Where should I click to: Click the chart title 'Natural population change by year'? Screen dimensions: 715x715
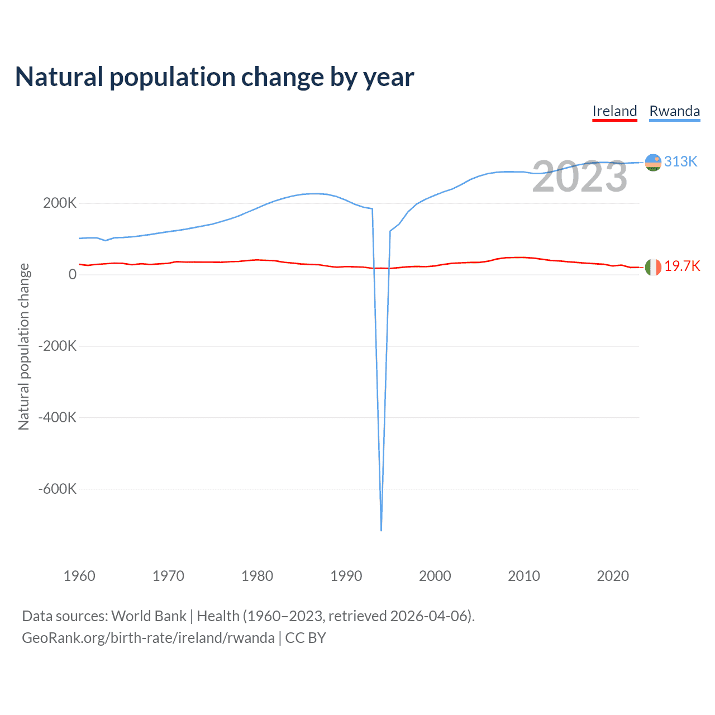(x=214, y=77)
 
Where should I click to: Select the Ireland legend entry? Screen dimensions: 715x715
(x=614, y=111)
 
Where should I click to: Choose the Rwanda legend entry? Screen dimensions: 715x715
(x=674, y=111)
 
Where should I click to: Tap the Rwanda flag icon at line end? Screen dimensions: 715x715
(x=652, y=162)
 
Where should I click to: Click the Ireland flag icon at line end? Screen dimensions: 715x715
(x=652, y=267)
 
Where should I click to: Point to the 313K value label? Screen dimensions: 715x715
(x=680, y=161)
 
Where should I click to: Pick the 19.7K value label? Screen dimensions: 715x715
(x=681, y=266)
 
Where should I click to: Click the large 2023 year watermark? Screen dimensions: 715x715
(x=579, y=177)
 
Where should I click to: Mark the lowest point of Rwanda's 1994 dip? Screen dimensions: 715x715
(x=381, y=530)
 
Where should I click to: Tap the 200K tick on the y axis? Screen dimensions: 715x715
(x=60, y=203)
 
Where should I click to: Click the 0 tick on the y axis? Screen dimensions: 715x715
(x=73, y=274)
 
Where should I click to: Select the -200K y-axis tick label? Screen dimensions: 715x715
(x=57, y=346)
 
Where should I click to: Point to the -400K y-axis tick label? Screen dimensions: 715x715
(x=57, y=417)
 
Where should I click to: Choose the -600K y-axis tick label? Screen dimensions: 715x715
(x=57, y=489)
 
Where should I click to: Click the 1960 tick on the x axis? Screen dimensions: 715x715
(x=79, y=576)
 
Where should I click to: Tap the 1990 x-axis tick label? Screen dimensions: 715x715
(x=346, y=576)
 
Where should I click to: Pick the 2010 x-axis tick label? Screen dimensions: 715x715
(x=524, y=576)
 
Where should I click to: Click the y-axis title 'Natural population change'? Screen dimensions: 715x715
(x=23, y=346)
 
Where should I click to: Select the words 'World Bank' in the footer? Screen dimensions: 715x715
(x=149, y=616)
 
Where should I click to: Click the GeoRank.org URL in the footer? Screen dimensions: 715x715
(x=148, y=638)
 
